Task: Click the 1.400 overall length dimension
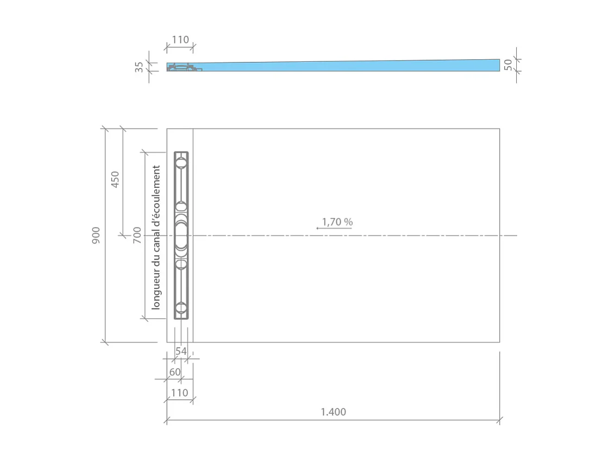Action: [x=333, y=412]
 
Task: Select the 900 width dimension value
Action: [x=96, y=235]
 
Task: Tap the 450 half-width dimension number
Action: [x=115, y=180]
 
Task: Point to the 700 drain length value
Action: [x=137, y=235]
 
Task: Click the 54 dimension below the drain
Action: [x=181, y=351]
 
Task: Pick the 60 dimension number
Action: [x=175, y=372]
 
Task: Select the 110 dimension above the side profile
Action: [x=180, y=40]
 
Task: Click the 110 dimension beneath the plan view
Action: [x=179, y=393]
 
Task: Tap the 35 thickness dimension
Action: [x=140, y=67]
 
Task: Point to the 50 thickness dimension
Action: [x=508, y=65]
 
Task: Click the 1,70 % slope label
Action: [x=337, y=222]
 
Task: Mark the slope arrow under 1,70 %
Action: [x=334, y=229]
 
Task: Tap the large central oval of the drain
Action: [x=181, y=236]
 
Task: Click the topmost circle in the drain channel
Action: [x=181, y=162]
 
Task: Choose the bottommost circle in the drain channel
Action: [x=181, y=308]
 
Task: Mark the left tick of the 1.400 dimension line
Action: [x=167, y=420]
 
